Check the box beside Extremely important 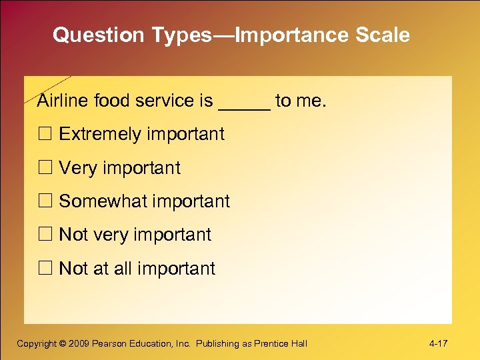click(x=44, y=134)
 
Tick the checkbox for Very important click(x=44, y=168)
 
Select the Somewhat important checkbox click(x=44, y=201)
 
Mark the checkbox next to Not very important click(x=44, y=235)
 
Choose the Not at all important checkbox click(x=44, y=269)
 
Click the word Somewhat click(x=101, y=201)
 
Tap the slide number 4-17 click(x=438, y=343)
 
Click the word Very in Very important click(x=78, y=168)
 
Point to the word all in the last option click(x=123, y=269)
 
